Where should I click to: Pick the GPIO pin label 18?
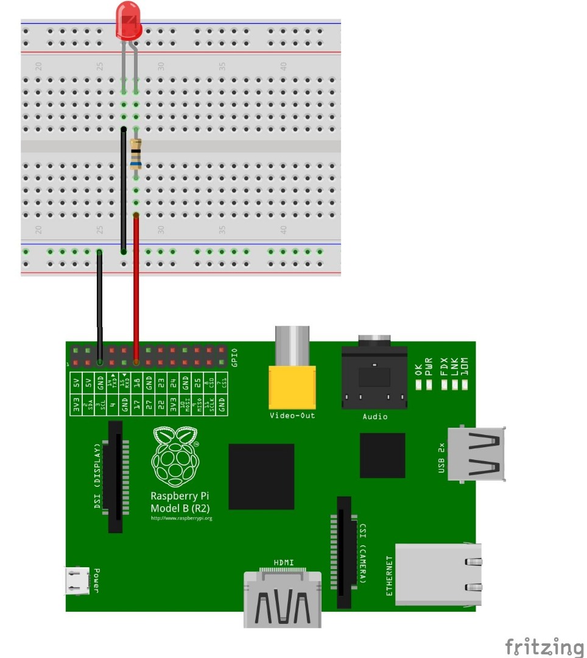coord(136,383)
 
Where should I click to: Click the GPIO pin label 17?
coord(136,403)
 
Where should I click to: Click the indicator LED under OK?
coord(419,385)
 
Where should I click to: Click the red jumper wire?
coord(136,286)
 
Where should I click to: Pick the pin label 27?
coord(149,403)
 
